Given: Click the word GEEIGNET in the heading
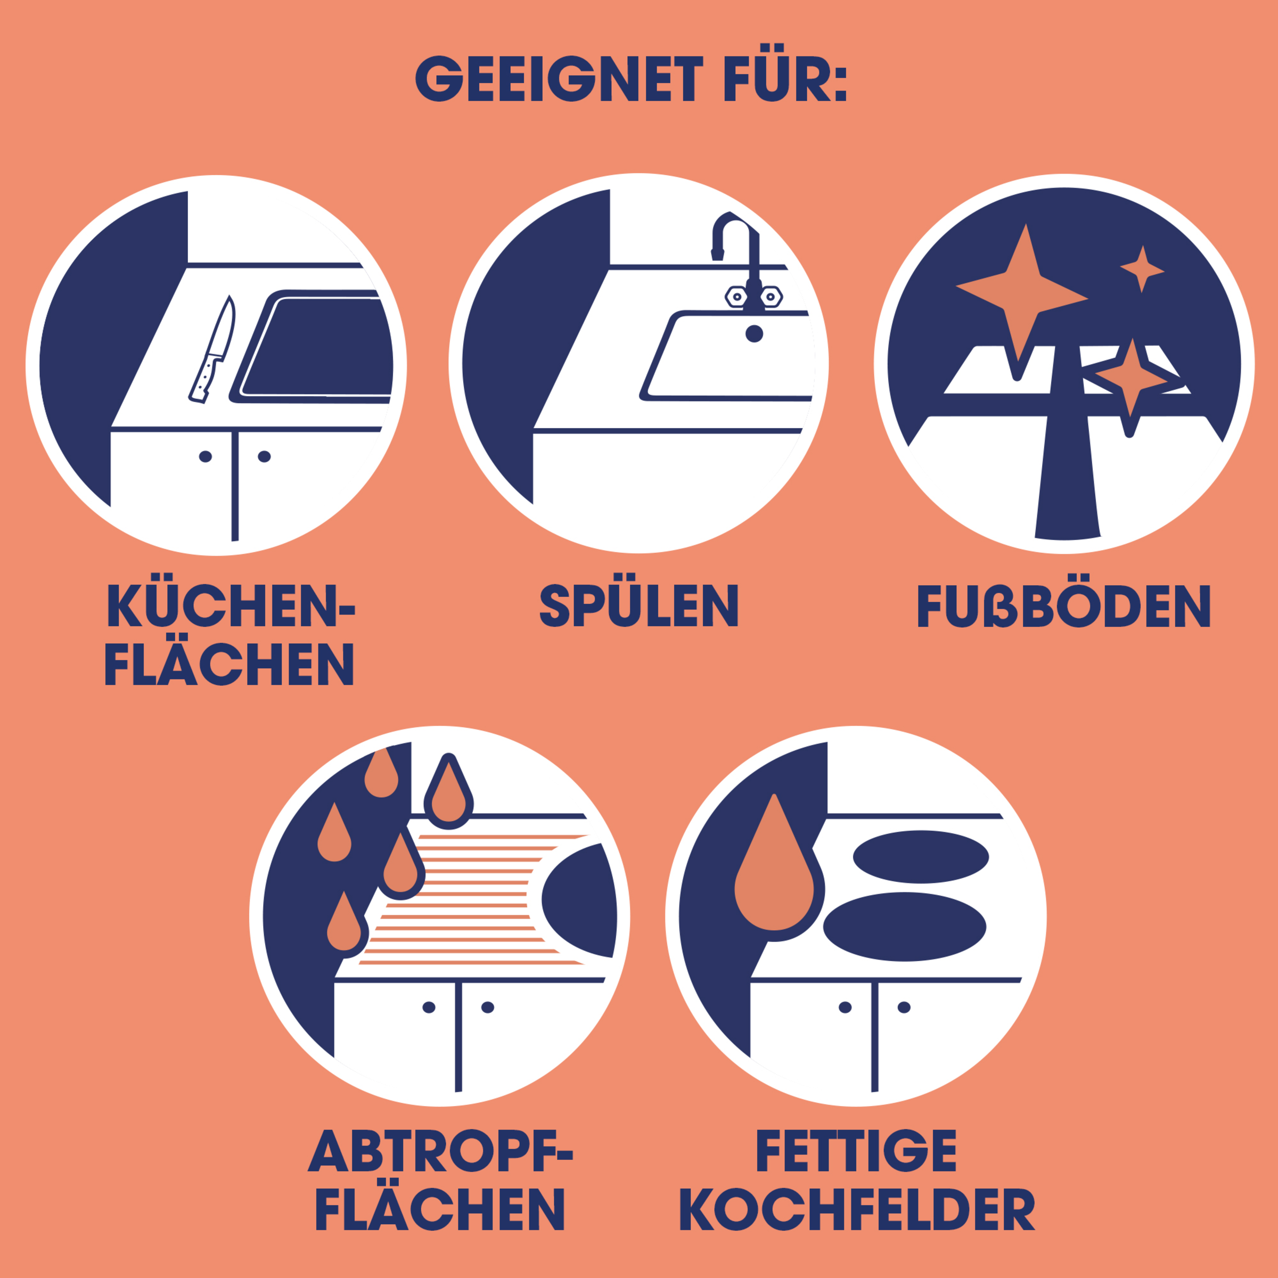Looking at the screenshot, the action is tap(560, 79).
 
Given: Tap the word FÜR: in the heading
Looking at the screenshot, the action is tap(785, 73).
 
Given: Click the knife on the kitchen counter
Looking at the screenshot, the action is tap(212, 349).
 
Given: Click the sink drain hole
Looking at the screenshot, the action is tap(754, 333).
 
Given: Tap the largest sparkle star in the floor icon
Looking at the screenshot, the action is tap(1021, 301).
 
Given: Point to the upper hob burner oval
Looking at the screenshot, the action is tap(921, 857).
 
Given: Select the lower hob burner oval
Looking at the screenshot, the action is tap(904, 926).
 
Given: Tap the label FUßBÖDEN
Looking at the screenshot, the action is tap(1064, 605).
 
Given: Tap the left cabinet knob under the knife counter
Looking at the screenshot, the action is tap(205, 456).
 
